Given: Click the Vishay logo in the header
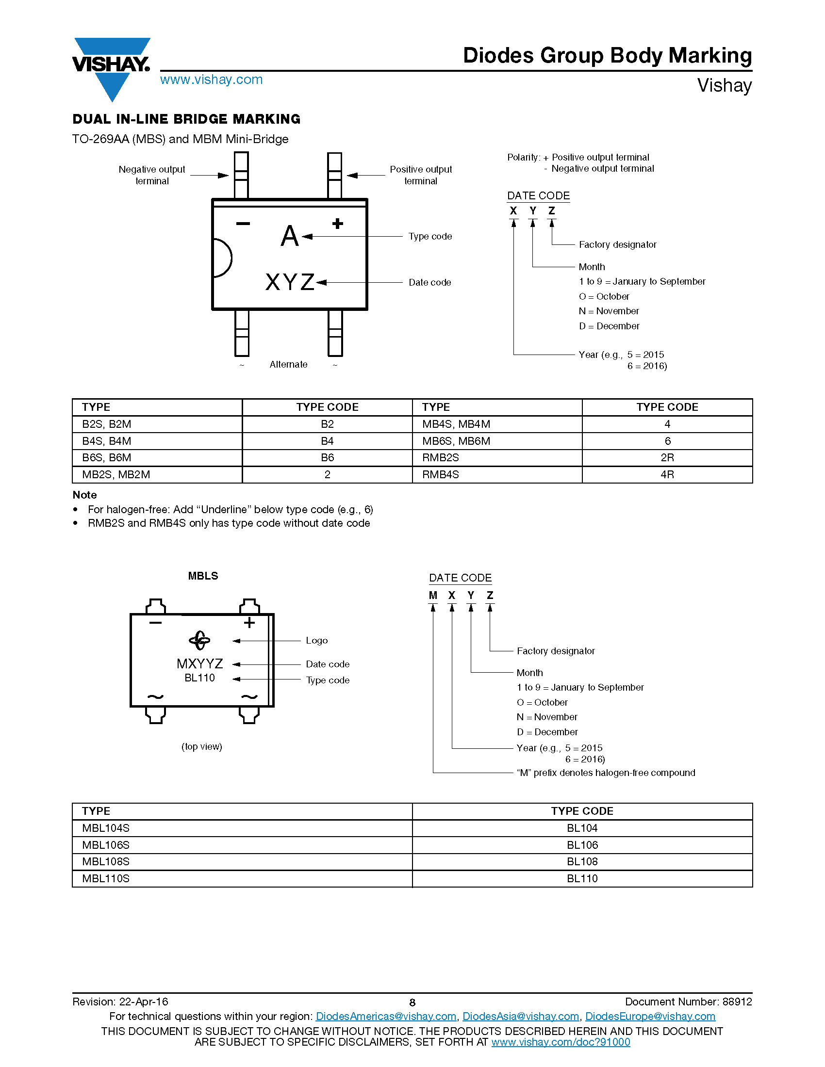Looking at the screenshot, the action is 112,68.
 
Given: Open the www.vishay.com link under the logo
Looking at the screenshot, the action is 211,80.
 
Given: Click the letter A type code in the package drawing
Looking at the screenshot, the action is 289,236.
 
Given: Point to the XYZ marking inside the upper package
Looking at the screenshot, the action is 290,282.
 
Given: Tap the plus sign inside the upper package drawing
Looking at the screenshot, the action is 337,224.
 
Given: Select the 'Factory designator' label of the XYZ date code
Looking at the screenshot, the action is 617,244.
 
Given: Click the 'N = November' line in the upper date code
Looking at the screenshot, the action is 609,311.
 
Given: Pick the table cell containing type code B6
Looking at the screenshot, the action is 328,458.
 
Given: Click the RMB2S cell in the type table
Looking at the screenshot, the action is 497,458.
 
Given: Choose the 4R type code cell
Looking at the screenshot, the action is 667,475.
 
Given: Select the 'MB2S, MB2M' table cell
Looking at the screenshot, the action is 157,475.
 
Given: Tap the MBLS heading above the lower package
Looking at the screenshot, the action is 203,576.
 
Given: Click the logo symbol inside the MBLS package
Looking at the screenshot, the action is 199,641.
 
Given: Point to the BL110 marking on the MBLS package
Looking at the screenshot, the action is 199,678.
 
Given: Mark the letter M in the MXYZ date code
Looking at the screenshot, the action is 433,596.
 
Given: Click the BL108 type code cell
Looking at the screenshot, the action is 582,862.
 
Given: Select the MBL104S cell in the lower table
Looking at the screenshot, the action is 243,828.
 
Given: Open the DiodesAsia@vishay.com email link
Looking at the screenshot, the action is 521,1017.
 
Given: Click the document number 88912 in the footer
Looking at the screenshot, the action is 737,1002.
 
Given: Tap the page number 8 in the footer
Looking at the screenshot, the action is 412,1003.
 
